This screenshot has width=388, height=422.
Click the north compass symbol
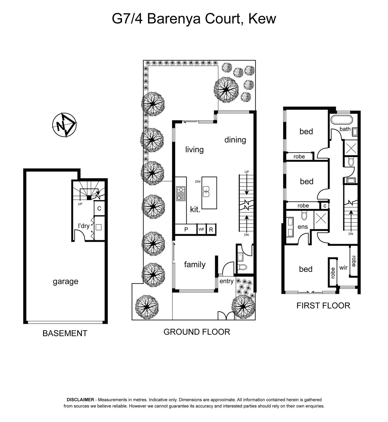point(64,125)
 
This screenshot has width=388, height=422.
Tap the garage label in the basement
point(66,282)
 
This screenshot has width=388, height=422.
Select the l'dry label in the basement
point(84,226)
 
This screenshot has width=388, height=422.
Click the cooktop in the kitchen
point(181,194)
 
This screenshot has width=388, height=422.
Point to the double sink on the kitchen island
point(206,191)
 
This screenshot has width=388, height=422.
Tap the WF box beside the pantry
point(202,229)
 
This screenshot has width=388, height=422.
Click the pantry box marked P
point(186,229)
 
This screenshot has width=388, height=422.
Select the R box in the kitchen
point(211,229)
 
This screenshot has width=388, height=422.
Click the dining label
point(235,140)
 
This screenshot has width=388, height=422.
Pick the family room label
point(195,265)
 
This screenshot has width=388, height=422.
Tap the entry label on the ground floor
point(227,281)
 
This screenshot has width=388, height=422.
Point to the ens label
point(303,227)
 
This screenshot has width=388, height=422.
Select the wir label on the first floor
point(343,268)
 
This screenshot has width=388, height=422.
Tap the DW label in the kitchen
point(198,182)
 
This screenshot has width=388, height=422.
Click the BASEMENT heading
point(65,333)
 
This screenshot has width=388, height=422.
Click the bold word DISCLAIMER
point(80,400)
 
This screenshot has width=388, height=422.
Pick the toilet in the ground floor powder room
point(242,267)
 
